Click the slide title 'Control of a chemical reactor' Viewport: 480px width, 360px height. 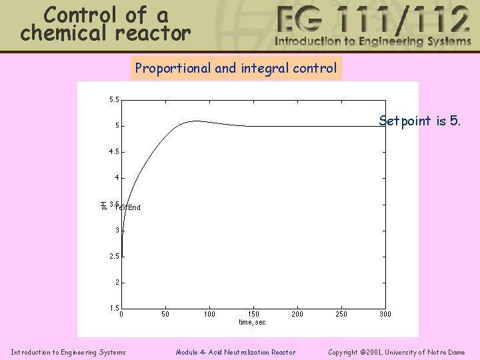point(105,24)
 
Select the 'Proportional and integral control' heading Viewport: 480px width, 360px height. point(235,68)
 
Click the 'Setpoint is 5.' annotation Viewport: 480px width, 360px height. point(419,121)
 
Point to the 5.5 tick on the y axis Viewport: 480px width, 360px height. point(115,100)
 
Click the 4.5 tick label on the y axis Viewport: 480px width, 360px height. point(115,152)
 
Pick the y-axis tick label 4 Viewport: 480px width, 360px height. point(117,178)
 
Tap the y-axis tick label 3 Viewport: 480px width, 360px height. point(117,231)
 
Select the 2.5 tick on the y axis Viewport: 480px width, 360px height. point(115,257)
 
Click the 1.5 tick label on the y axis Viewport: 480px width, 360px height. point(115,308)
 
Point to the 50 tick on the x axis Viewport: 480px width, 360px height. point(165,314)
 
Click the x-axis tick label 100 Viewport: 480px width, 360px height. point(209,314)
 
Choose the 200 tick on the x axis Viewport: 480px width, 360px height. point(297,314)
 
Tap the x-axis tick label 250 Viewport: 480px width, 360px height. point(341,314)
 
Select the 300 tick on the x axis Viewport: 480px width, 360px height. point(385,314)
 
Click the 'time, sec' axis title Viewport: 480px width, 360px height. point(252,323)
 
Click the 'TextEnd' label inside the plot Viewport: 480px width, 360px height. point(128,207)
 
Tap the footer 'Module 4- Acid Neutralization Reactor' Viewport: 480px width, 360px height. point(235,352)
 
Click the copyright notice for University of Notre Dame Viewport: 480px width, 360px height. point(397,352)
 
